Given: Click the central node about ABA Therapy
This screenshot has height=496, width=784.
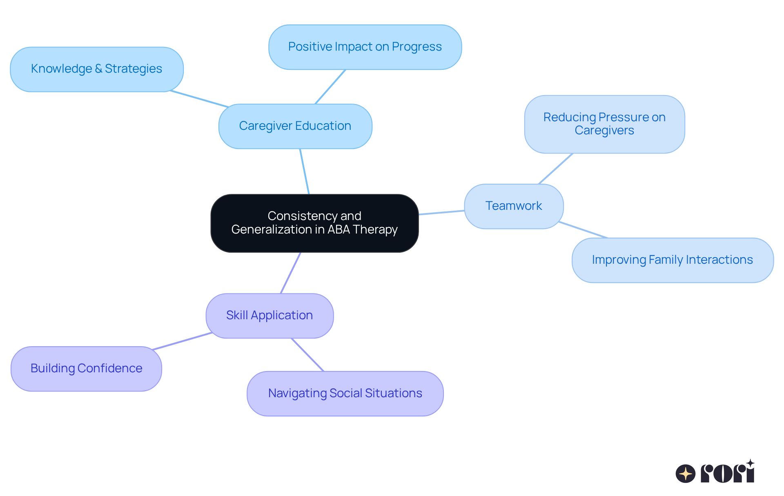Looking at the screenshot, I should pyautogui.click(x=314, y=223).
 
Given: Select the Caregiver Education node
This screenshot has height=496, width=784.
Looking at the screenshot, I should pyautogui.click(x=295, y=126).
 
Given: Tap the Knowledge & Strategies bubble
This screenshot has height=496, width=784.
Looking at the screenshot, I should pyautogui.click(x=97, y=69).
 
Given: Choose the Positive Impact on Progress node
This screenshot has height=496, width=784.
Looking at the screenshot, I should pyautogui.click(x=365, y=47).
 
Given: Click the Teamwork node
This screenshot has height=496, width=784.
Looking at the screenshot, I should pyautogui.click(x=514, y=206).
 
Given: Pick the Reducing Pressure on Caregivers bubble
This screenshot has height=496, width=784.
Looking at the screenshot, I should pyautogui.click(x=604, y=124).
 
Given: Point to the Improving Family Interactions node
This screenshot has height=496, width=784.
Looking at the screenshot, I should pyautogui.click(x=673, y=260).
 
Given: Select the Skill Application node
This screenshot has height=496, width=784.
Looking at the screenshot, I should pyautogui.click(x=269, y=316).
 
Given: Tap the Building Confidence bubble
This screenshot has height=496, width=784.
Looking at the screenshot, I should pyautogui.click(x=86, y=369).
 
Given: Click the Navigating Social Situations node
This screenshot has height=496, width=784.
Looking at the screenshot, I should pyautogui.click(x=345, y=394).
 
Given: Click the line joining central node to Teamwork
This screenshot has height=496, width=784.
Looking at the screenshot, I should pyautogui.click(x=441, y=212).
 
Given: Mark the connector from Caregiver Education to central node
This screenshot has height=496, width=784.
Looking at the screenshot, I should pyautogui.click(x=305, y=171).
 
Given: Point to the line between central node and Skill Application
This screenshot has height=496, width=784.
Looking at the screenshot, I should pyautogui.click(x=291, y=273).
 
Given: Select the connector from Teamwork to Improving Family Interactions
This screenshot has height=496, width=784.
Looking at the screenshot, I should pyautogui.click(x=583, y=230).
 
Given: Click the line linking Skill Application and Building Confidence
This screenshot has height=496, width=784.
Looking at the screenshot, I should pyautogui.click(x=182, y=341).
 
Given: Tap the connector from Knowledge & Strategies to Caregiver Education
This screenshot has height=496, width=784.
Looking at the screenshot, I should pyautogui.click(x=200, y=99).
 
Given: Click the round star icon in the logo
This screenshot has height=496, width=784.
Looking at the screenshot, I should pyautogui.click(x=685, y=474).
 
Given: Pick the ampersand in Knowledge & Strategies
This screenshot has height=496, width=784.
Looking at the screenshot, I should pyautogui.click(x=98, y=69).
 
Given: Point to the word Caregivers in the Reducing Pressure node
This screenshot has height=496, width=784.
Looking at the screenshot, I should pyautogui.click(x=604, y=131).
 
